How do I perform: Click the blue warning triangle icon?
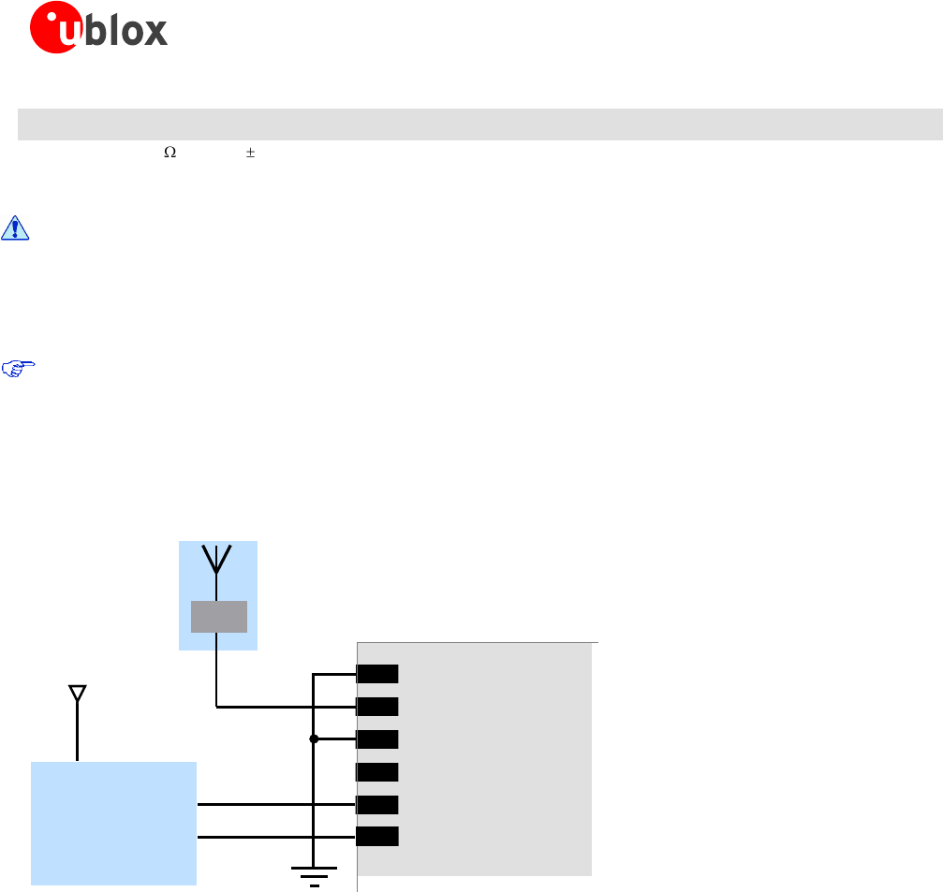(15, 228)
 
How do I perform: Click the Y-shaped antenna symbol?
(217, 560)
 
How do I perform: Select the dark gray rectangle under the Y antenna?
(218, 617)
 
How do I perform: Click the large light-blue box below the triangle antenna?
(113, 823)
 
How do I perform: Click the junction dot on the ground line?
(314, 738)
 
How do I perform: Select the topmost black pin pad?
(377, 674)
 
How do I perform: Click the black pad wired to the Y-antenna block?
(377, 707)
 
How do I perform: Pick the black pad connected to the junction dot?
(377, 738)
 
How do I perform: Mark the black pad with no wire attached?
(377, 772)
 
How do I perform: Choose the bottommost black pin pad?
(377, 837)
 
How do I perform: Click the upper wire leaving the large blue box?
(253, 804)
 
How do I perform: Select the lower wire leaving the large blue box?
(253, 837)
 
